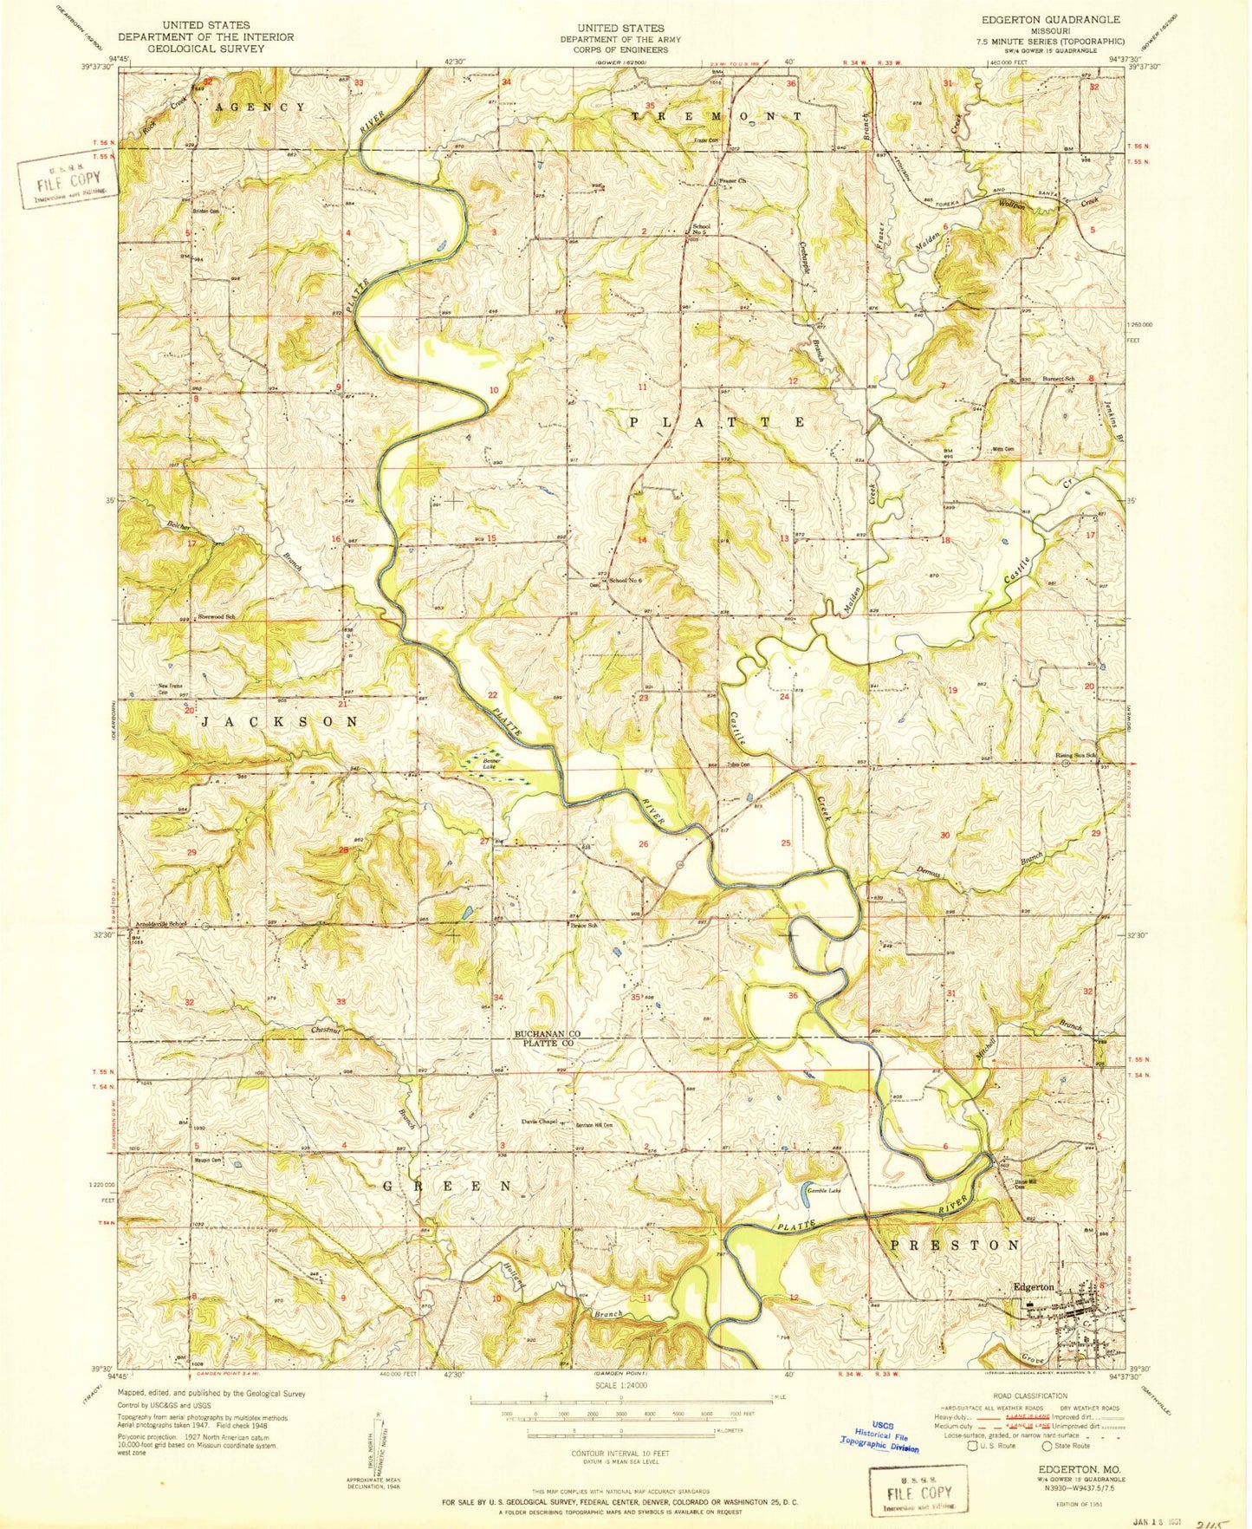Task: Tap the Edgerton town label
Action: click(x=1034, y=1287)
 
